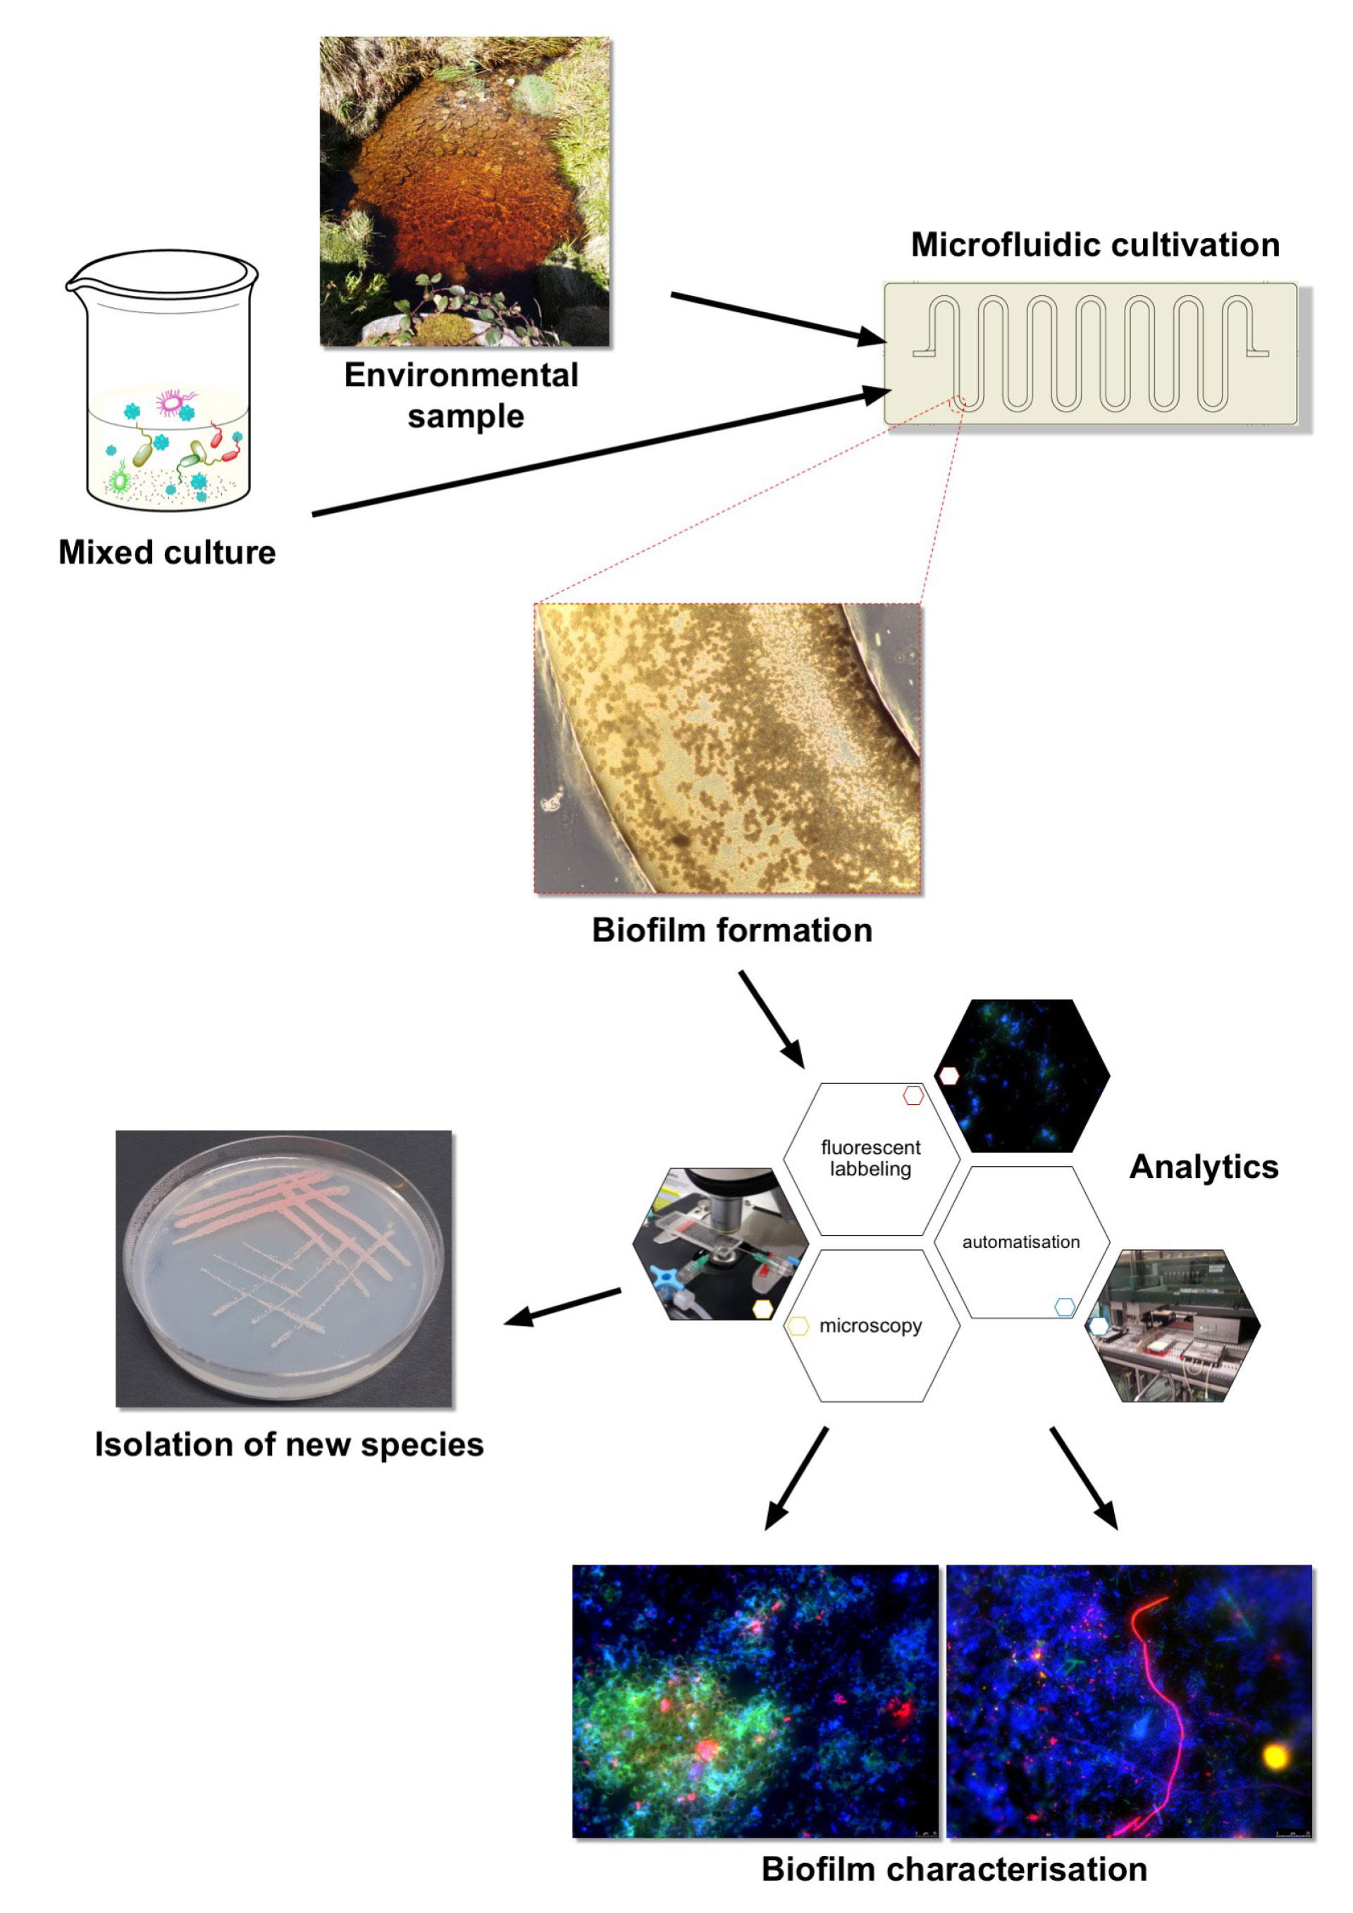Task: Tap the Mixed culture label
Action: point(166,552)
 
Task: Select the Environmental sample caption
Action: point(462,395)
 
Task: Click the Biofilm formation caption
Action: point(731,930)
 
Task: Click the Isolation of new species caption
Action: point(288,1444)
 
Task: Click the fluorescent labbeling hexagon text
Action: point(870,1158)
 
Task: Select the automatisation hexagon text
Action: point(1020,1242)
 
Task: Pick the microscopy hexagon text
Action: point(870,1325)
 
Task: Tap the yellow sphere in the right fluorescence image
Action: point(1275,1758)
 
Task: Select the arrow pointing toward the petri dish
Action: point(562,1306)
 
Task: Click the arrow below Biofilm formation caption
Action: point(772,1019)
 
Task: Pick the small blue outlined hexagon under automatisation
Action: point(1065,1306)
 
